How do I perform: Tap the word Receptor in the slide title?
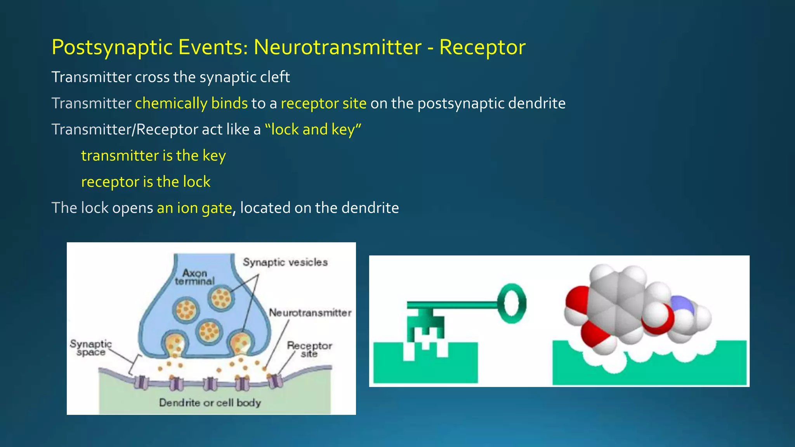[482, 48]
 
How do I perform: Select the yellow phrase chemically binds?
[191, 103]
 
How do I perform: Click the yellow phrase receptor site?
[323, 103]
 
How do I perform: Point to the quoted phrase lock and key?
[313, 129]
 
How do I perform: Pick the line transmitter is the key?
[153, 156]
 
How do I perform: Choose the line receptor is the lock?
[146, 182]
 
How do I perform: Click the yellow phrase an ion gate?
[194, 208]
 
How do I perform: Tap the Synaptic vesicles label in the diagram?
[285, 262]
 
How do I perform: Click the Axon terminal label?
[194, 277]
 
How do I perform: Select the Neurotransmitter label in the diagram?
[310, 313]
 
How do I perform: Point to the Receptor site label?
[309, 349]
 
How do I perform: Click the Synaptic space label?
[91, 348]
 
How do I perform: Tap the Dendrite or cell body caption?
[210, 403]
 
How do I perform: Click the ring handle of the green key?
[512, 303]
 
